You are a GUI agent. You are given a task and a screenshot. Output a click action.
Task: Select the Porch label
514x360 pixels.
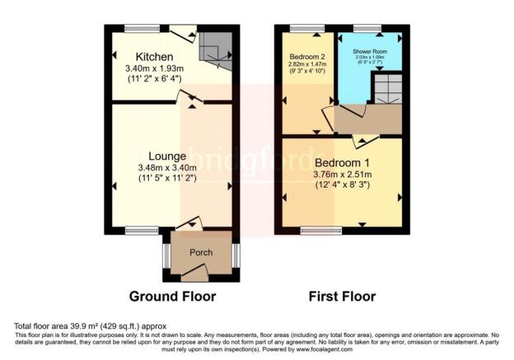click(201, 252)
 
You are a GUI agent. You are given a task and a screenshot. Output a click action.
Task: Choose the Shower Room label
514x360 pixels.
click(369, 50)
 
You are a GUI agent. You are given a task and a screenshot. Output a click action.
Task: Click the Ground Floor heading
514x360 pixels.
click(173, 297)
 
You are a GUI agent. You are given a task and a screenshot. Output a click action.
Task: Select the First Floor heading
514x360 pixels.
click(341, 297)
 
